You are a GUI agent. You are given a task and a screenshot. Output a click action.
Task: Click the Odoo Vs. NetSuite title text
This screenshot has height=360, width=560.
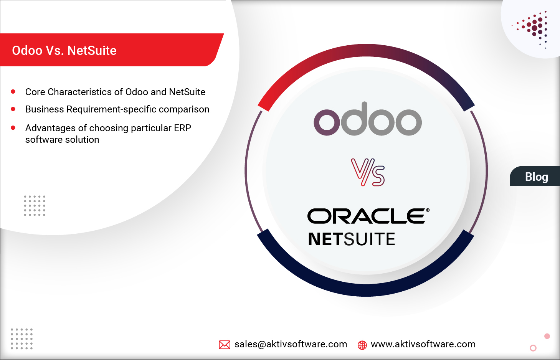[x=64, y=50]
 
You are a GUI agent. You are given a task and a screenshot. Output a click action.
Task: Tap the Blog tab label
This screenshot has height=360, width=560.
[x=536, y=177]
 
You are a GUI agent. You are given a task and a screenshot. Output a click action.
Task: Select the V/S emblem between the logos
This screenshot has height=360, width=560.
[x=368, y=172]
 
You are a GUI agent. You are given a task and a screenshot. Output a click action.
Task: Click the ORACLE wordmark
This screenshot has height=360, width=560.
[x=366, y=216]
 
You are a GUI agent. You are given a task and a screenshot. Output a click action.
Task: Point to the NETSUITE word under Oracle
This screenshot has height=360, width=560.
[x=351, y=239]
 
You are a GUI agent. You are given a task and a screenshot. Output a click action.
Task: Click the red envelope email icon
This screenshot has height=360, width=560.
[x=225, y=345]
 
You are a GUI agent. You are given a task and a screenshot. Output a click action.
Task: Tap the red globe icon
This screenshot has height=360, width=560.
[x=362, y=345]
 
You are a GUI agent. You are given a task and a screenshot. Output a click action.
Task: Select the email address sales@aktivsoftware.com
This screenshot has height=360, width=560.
[x=291, y=344]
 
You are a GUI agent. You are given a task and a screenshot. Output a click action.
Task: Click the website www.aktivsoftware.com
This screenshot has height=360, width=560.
[x=423, y=344]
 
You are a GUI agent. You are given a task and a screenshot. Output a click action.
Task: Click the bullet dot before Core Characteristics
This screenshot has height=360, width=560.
[x=13, y=92]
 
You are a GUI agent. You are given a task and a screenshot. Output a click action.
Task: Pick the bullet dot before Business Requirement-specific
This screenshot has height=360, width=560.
[x=13, y=109]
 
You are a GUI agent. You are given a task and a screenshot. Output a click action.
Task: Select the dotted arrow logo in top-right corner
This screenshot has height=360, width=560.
[x=534, y=28]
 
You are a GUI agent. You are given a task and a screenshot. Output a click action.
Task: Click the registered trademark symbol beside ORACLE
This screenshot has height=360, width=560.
[x=428, y=210]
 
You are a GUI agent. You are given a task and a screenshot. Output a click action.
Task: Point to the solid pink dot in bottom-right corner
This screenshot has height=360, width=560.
[x=547, y=336]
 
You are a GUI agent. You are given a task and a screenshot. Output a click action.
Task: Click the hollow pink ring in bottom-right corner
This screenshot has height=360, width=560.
[x=533, y=348]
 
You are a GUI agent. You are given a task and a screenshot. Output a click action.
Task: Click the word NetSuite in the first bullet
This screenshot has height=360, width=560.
[x=187, y=92]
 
